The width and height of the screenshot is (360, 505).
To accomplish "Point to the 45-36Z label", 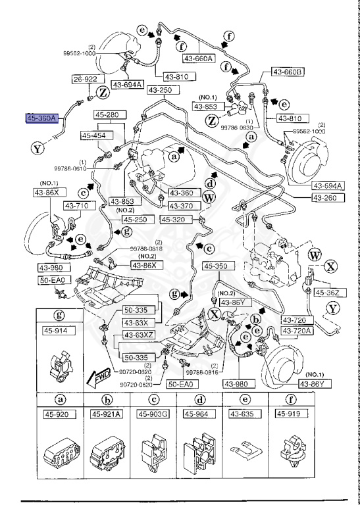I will [327, 293].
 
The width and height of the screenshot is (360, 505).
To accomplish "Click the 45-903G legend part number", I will [153, 414].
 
